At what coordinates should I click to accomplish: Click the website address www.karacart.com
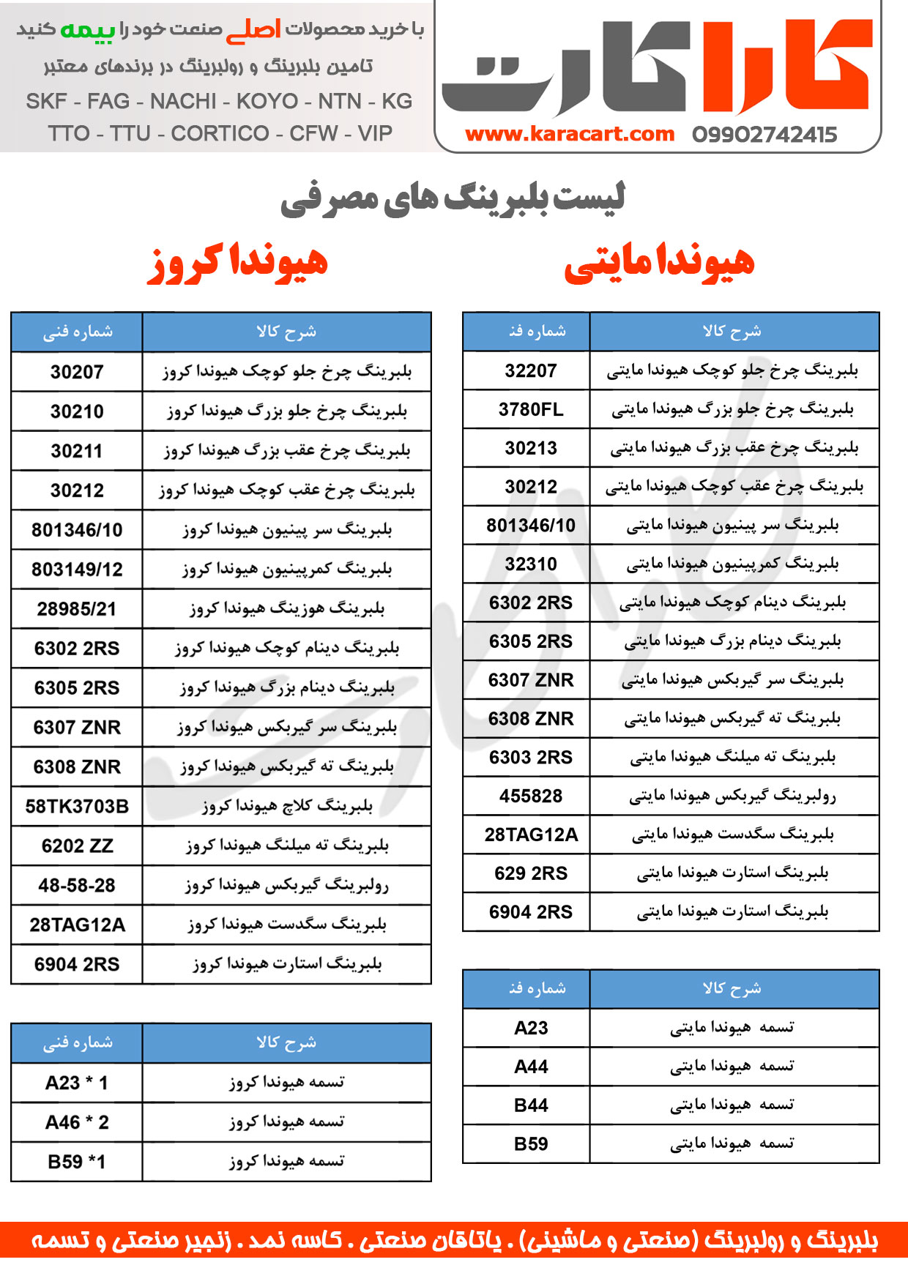click(x=569, y=134)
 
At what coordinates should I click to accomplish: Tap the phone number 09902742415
click(x=764, y=135)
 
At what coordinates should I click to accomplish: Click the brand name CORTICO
click(x=220, y=133)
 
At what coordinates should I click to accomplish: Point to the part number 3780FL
click(x=531, y=409)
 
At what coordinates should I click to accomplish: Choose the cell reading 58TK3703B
click(x=77, y=807)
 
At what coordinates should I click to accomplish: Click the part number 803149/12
click(x=77, y=570)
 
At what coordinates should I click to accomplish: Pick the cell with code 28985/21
click(x=77, y=609)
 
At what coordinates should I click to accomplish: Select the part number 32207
click(x=531, y=370)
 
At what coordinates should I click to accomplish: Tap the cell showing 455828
click(x=531, y=796)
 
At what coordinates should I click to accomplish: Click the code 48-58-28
click(x=77, y=886)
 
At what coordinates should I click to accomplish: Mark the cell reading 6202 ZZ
click(x=77, y=846)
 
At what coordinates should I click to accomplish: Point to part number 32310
click(x=531, y=564)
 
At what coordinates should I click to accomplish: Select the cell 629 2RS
click(x=531, y=873)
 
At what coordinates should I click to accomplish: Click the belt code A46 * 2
click(x=77, y=1122)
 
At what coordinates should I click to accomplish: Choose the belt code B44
click(x=531, y=1105)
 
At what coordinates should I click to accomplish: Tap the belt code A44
click(x=531, y=1067)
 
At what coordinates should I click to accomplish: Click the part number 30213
click(x=531, y=448)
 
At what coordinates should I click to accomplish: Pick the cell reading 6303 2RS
click(x=531, y=757)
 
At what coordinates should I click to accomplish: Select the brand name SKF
click(x=46, y=101)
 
